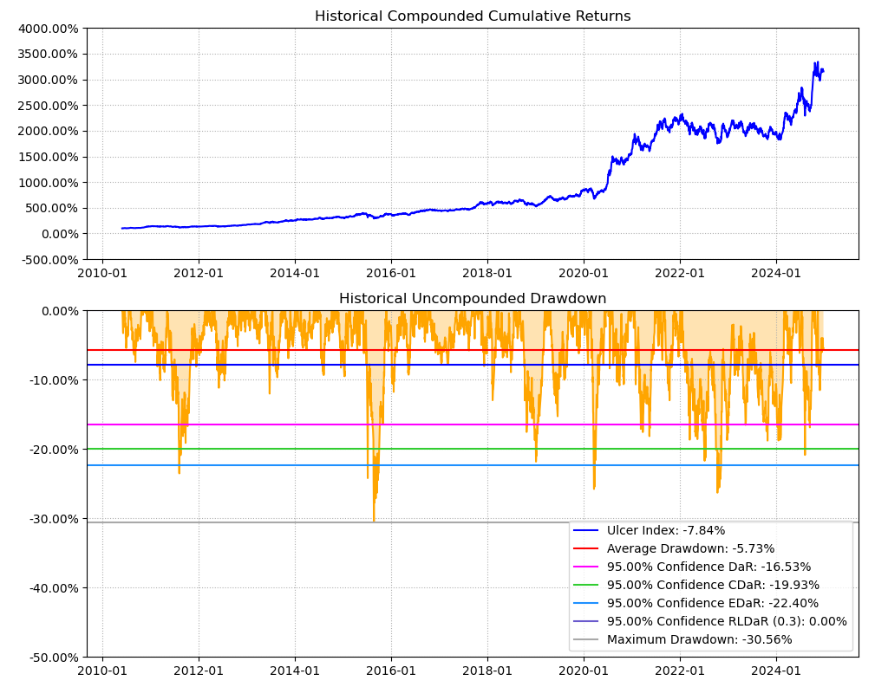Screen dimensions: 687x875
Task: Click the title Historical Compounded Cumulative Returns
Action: (473, 16)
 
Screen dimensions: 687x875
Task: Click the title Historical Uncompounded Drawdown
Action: (473, 299)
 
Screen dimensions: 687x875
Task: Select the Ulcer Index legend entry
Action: (666, 531)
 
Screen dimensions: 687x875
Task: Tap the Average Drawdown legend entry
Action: (690, 549)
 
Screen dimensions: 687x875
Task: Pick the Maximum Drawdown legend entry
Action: (699, 640)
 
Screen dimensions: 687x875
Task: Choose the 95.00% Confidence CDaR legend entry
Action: (713, 586)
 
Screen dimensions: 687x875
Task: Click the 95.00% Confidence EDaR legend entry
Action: (713, 604)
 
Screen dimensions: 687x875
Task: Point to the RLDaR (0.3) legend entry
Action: (727, 622)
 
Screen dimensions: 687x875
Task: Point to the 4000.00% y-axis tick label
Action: (49, 29)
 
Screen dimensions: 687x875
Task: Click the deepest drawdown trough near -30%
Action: (374, 521)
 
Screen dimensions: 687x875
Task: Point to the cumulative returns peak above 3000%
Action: (815, 62)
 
